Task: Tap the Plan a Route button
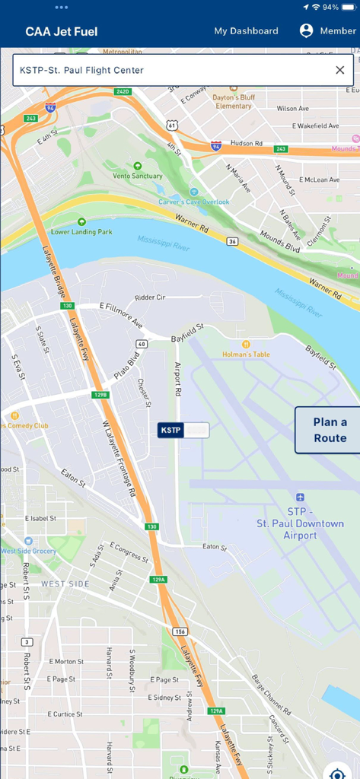tap(330, 430)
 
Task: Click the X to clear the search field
tap(339, 70)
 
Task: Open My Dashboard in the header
tap(246, 31)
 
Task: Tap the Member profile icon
tap(307, 31)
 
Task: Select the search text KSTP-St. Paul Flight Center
tap(81, 70)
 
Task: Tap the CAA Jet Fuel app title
tap(62, 32)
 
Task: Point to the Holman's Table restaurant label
tap(245, 354)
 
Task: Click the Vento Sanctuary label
tap(138, 175)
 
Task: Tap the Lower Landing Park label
tap(81, 231)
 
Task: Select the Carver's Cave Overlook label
tap(193, 202)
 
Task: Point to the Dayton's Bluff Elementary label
tap(233, 101)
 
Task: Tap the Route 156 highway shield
tap(180, 631)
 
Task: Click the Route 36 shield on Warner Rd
tap(232, 241)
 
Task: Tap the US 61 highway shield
tap(173, 125)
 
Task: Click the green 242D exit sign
tap(123, 91)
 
